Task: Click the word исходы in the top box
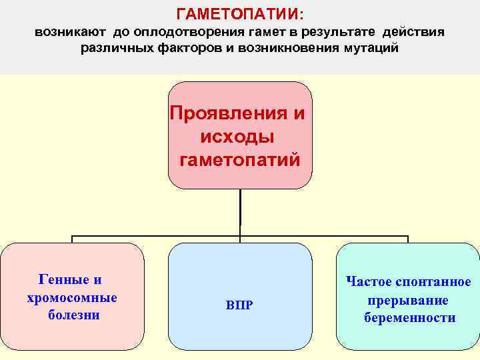click(x=237, y=137)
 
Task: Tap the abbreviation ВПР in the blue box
click(x=239, y=305)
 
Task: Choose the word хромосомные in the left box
click(x=72, y=297)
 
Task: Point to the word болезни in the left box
click(x=73, y=315)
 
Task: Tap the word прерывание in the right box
click(x=407, y=300)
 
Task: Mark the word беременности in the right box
click(x=409, y=318)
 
